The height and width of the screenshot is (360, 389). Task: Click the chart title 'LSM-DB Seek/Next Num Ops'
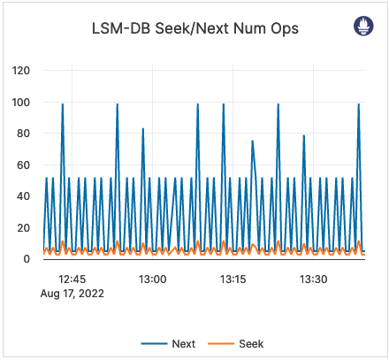point(195,28)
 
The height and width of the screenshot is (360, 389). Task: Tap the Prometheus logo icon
point(363,26)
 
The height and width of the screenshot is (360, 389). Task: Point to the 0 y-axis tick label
point(27,258)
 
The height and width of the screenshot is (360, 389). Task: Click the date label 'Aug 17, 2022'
point(72,294)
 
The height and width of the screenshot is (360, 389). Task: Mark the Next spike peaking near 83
point(142,130)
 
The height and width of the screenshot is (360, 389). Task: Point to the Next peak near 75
point(252,142)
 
